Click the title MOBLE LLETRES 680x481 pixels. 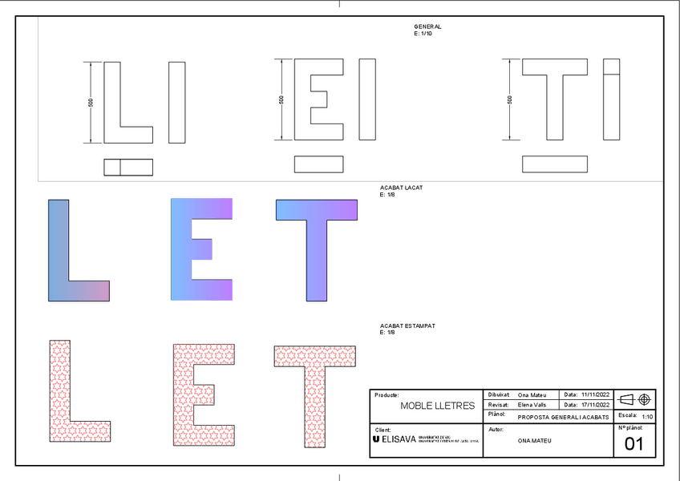tap(437, 406)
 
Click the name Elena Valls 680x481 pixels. tap(532, 405)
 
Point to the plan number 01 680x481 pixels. tap(634, 444)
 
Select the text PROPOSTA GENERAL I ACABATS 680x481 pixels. tap(563, 417)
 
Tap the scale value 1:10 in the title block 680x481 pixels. tap(648, 417)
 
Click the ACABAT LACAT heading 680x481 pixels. tap(401, 188)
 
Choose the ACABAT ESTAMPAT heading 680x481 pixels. tap(407, 326)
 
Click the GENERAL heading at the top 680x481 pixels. tap(427, 26)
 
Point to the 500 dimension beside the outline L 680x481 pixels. tap(91, 103)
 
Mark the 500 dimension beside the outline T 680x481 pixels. tap(510, 99)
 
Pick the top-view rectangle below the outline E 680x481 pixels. tap(319, 164)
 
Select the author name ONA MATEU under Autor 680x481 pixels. tap(536, 441)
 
